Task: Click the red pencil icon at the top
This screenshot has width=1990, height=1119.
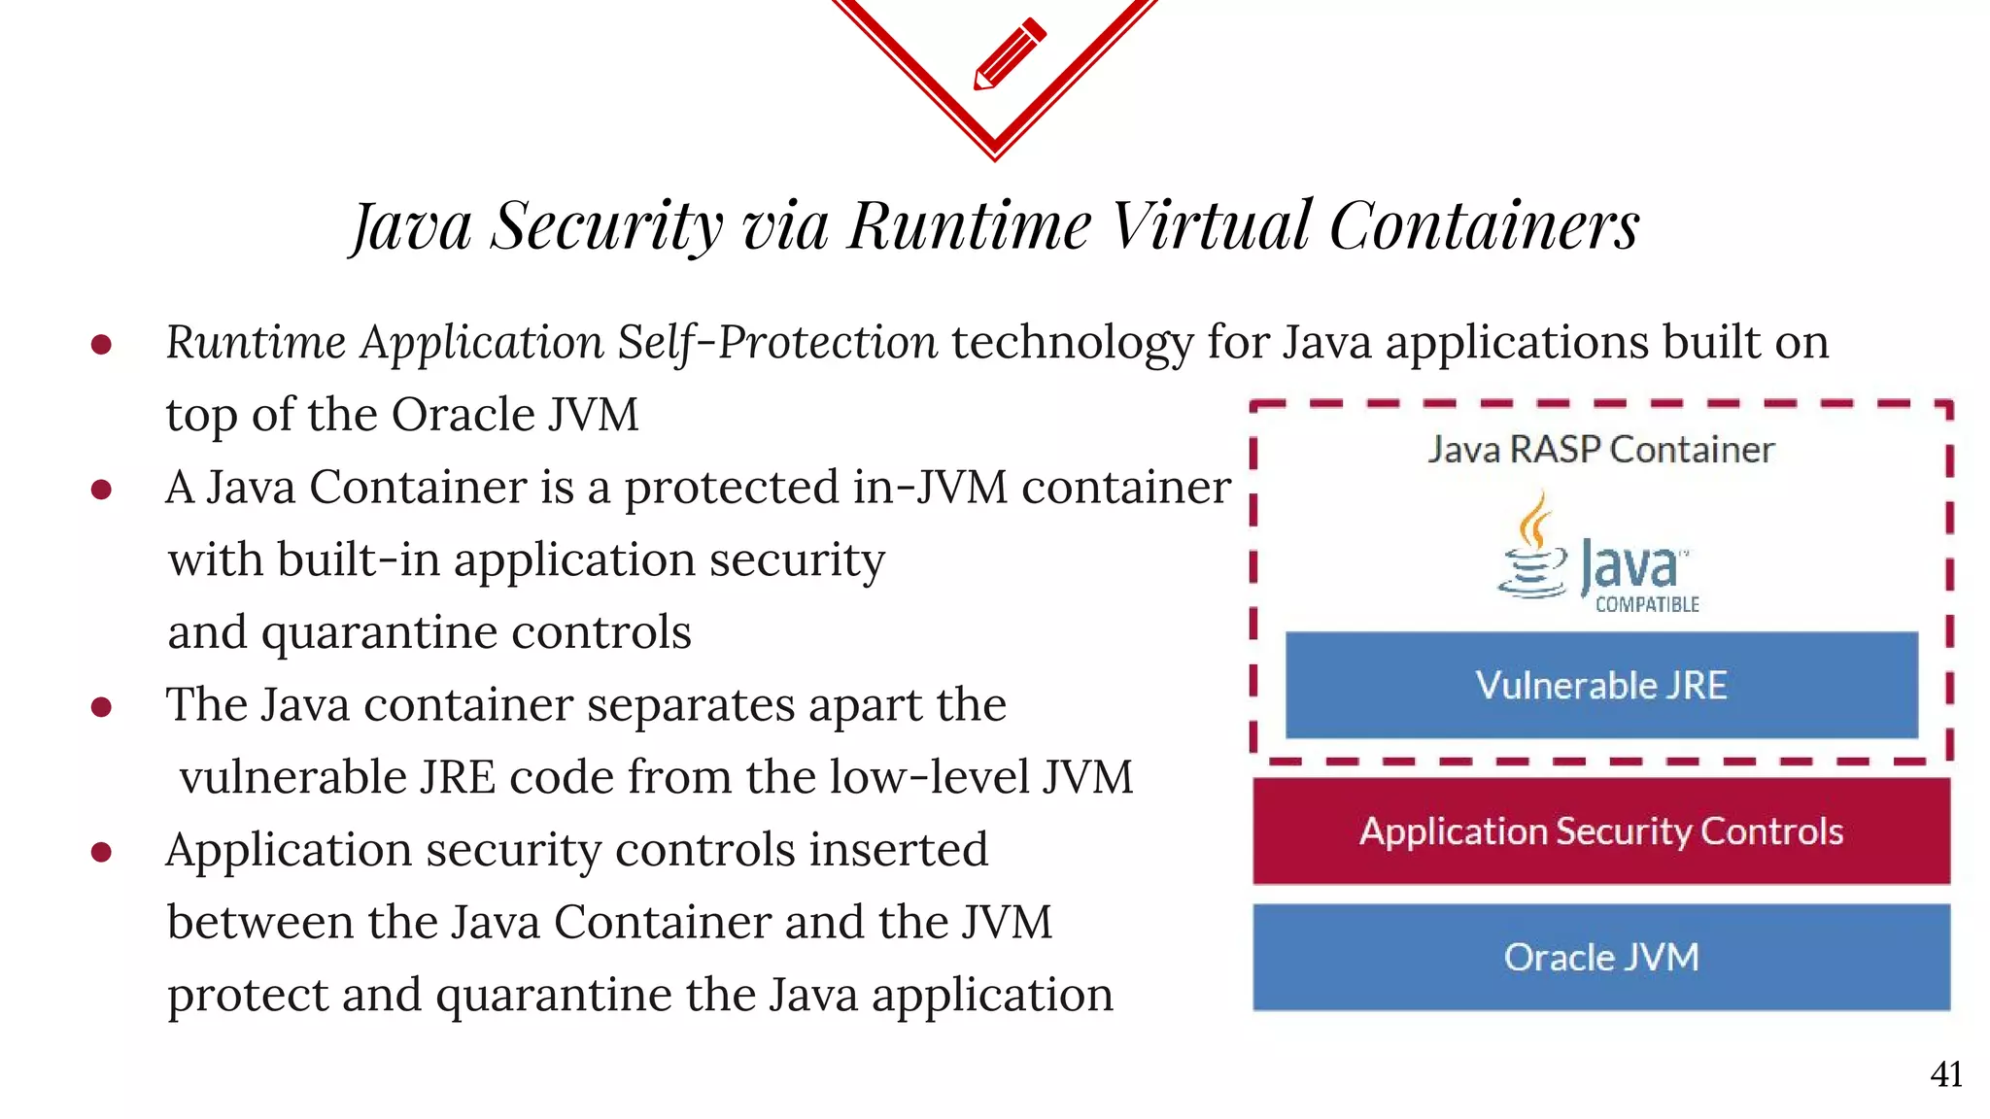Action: coord(1010,53)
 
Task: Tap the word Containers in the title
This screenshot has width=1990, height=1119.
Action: coord(1485,225)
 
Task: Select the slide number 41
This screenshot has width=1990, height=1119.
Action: coord(1946,1074)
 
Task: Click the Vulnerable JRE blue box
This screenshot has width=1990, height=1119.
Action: coord(1600,685)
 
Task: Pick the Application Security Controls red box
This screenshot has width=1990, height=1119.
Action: coord(1600,831)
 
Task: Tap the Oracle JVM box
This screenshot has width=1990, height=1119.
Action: coord(1600,957)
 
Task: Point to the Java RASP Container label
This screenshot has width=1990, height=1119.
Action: coord(1600,450)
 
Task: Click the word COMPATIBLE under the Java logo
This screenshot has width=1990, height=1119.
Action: coord(1647,604)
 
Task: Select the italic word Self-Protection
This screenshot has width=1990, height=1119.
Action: coord(777,342)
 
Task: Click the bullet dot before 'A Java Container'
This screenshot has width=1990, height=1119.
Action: coord(101,489)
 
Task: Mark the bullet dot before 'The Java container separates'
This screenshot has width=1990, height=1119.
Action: coord(101,706)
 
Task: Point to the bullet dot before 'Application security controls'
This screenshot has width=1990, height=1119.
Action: coord(101,852)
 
